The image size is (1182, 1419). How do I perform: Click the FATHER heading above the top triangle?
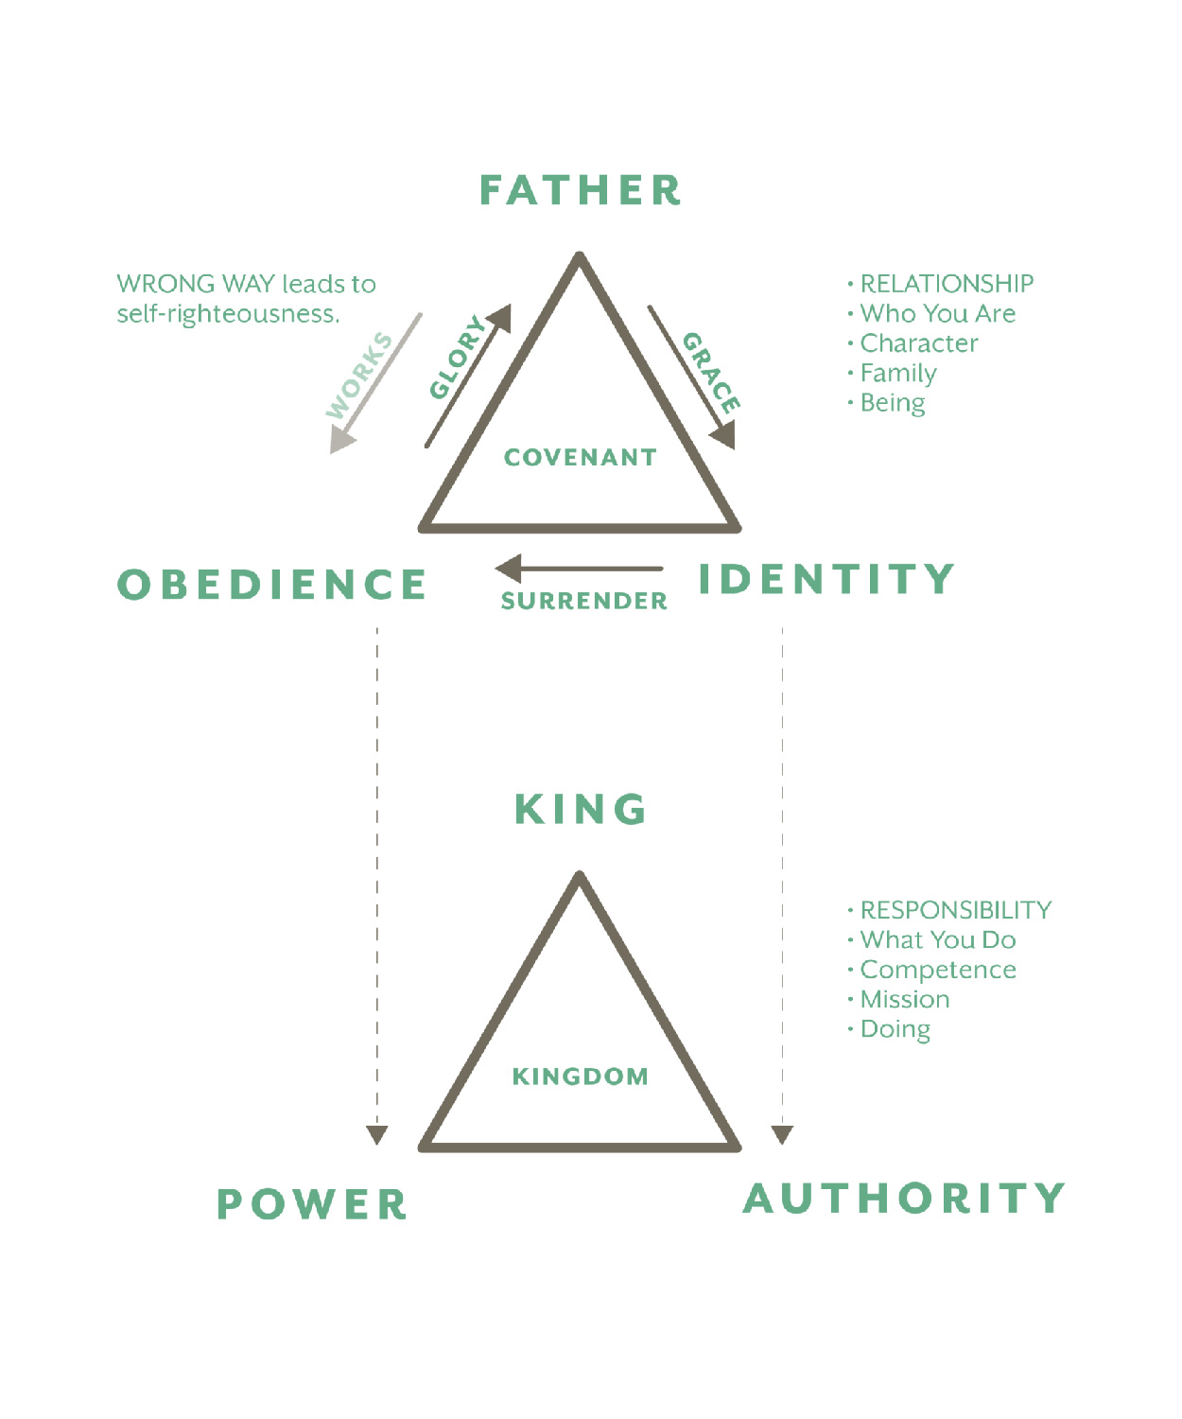coord(580,190)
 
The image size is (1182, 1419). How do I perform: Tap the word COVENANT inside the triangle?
coord(580,457)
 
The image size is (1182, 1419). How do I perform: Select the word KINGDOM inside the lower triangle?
coord(580,1076)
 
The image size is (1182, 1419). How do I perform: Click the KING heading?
coord(581,810)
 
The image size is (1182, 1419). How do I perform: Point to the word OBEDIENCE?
coord(272,585)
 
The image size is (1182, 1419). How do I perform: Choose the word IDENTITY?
coord(826,579)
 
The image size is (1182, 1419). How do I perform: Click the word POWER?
coord(312,1204)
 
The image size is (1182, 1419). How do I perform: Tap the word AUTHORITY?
coord(904,1199)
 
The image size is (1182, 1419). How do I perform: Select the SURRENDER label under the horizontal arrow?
coord(583,601)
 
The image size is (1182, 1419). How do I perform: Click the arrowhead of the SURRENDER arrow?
coord(509,569)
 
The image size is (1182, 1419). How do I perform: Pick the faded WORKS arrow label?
coord(359,376)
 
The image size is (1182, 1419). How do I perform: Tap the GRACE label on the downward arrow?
coord(711,372)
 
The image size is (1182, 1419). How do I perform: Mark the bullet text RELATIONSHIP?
coord(946,284)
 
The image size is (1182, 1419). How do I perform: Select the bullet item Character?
coord(918,343)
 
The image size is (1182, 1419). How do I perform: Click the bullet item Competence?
coord(937,970)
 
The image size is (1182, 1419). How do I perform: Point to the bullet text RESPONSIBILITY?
coord(955,910)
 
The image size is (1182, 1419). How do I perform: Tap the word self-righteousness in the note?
coord(227,314)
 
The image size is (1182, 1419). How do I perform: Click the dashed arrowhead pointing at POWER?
coord(377,1134)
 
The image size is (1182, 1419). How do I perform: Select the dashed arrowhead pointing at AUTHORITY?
coord(782,1134)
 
